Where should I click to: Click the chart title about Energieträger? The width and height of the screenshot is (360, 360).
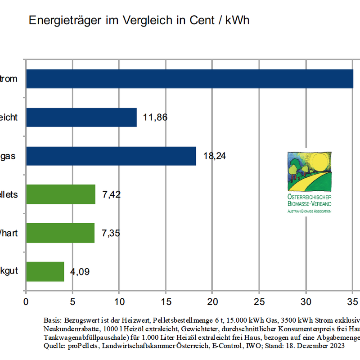(139, 20)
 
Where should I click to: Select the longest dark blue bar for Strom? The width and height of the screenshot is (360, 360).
(189, 79)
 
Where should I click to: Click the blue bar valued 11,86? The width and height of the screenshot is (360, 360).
(81, 117)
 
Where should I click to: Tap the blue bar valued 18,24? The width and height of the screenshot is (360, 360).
(111, 156)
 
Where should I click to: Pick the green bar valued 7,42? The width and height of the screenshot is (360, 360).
(61, 194)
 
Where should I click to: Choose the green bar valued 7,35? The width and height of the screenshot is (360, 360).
(60, 233)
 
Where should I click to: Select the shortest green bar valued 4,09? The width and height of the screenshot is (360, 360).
(45, 272)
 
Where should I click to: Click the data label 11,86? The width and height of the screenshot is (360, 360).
(156, 117)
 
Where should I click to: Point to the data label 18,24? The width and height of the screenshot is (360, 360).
(215, 156)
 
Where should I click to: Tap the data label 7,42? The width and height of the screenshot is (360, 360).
(112, 194)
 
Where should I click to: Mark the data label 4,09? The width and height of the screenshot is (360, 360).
(80, 272)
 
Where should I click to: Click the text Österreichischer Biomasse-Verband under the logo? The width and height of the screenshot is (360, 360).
(309, 201)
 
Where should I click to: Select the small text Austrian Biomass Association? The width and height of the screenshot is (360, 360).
(309, 211)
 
